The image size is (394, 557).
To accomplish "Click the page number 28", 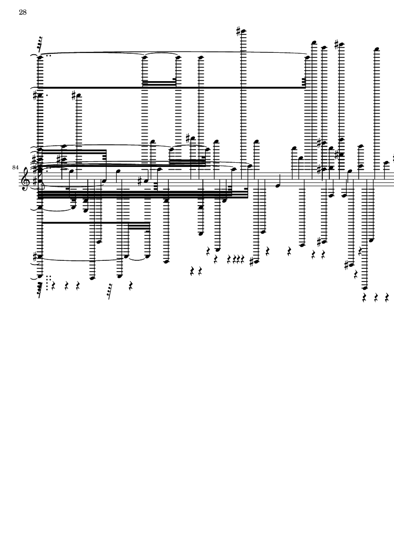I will pos(23,12).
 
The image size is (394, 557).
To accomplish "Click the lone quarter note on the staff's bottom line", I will pos(278,185).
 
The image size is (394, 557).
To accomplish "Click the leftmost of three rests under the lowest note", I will pos(365,298).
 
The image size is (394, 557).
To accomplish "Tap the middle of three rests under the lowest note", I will pos(376,298).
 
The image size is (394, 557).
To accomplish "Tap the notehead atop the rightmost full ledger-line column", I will pos(377,49).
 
